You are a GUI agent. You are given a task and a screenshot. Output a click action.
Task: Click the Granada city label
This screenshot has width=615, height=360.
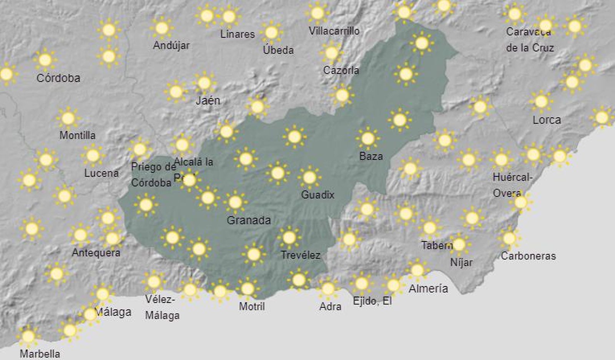point(249,220)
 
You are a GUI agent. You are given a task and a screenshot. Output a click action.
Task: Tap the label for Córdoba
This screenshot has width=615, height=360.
point(58,78)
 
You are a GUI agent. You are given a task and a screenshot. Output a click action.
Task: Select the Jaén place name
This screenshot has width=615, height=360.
point(208,101)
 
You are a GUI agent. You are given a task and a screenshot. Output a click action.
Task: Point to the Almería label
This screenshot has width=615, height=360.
point(428,289)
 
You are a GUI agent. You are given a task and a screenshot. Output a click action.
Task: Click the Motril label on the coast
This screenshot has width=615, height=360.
point(252,306)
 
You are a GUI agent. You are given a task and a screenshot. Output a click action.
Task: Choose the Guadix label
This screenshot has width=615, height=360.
point(317,195)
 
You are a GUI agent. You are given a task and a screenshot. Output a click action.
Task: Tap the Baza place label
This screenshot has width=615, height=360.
point(371,156)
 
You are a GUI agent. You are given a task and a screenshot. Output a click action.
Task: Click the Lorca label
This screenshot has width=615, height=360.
point(547,120)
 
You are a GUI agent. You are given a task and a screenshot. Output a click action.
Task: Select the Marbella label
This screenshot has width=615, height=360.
point(40,353)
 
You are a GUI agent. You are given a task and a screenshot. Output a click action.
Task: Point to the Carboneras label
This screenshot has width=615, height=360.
point(528,256)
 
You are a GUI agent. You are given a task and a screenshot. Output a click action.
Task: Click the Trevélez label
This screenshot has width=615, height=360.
point(300,255)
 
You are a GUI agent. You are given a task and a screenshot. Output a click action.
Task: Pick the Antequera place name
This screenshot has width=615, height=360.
point(96,253)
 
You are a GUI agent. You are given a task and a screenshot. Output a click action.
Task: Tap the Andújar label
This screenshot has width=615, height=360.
point(171,45)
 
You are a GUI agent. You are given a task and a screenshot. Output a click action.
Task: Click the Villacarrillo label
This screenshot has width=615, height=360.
point(334,31)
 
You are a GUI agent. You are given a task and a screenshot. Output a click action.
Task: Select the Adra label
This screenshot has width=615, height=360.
point(330,306)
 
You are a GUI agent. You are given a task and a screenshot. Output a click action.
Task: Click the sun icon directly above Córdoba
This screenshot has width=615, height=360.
point(45,60)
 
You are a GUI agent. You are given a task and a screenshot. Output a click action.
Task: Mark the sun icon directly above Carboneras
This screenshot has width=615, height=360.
point(509,238)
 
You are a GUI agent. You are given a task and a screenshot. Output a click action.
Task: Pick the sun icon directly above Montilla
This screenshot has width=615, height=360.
point(68,118)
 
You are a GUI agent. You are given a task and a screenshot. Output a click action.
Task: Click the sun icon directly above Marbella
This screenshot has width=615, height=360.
point(28,337)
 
